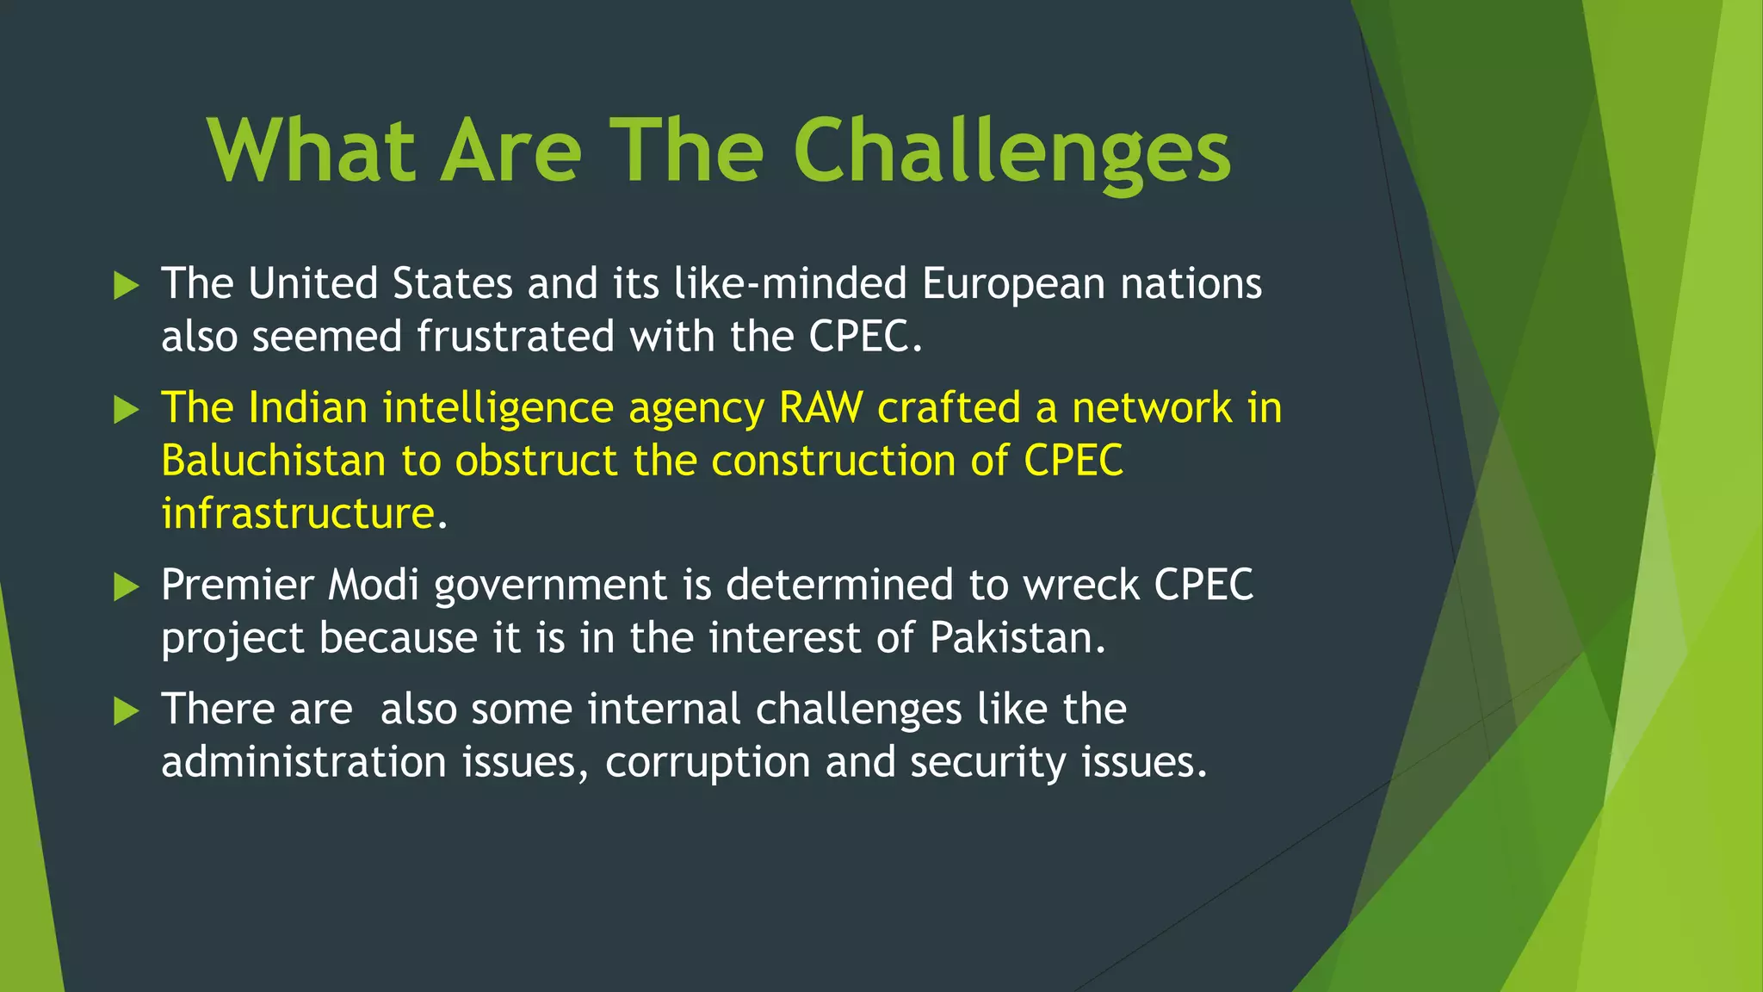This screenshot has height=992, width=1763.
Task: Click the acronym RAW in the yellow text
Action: [x=820, y=408]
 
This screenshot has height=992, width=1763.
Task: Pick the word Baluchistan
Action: [x=273, y=461]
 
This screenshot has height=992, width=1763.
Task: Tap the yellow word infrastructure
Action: [x=298, y=514]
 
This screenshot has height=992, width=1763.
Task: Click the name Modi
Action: [x=374, y=586]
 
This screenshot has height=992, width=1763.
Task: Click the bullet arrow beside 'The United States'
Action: [x=126, y=286]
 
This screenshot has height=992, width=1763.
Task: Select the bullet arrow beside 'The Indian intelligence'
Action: [x=126, y=410]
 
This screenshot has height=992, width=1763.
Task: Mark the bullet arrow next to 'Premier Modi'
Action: [x=126, y=587]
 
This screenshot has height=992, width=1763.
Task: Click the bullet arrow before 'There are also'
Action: [x=126, y=711]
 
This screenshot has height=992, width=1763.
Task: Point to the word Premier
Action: [x=237, y=586]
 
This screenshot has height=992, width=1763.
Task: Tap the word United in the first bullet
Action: [x=312, y=284]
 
